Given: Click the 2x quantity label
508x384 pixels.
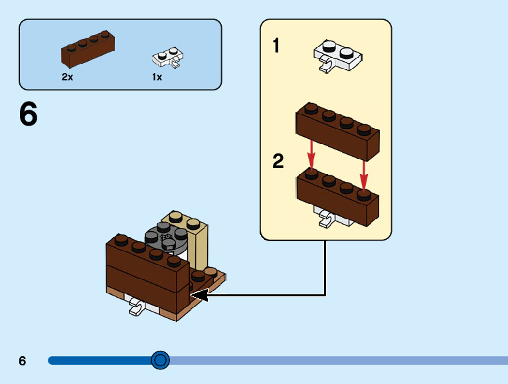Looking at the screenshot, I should coord(67,77).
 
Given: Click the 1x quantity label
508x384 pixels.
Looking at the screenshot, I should coord(157,77).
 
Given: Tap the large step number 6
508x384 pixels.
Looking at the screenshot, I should coord(29,115).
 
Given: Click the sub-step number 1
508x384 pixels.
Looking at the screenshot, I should coord(276,46).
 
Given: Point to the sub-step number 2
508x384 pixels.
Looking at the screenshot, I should coord(278,161).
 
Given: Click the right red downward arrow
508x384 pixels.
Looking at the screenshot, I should coord(364,173).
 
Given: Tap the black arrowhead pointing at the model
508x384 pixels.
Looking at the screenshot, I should coord(199,294).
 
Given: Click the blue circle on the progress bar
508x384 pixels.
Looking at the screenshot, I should coord(160,360).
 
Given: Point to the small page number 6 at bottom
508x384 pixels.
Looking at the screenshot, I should coord(23,361).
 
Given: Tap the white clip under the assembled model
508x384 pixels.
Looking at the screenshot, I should coord(137,307).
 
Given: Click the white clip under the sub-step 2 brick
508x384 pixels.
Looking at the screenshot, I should coord(327,217).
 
